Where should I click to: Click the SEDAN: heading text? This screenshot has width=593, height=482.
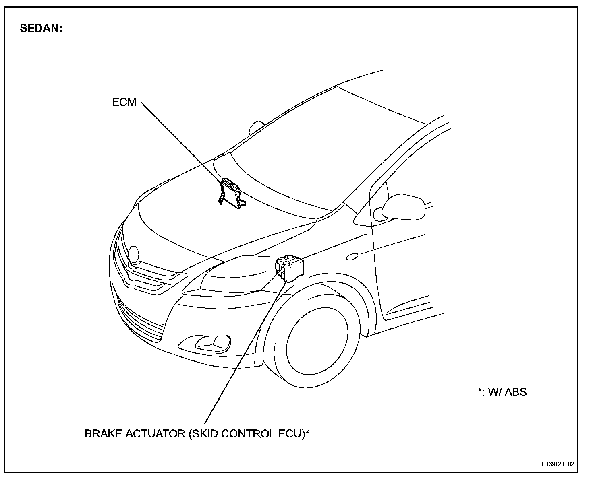point(41,29)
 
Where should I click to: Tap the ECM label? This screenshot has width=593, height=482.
point(124,102)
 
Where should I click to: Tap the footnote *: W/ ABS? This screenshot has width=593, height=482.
point(502,391)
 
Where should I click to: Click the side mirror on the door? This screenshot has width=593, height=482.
point(404,207)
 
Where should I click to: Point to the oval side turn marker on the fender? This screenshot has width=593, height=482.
point(352,257)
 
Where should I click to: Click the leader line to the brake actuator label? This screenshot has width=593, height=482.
point(246,350)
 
